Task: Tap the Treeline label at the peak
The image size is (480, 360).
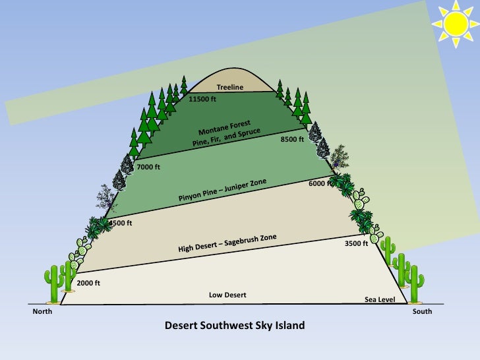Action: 230,88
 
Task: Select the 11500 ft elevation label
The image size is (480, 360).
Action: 202,100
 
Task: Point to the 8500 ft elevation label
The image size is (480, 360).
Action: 292,140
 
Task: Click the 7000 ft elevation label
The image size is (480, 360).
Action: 148,167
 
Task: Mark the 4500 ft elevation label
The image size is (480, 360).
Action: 121,224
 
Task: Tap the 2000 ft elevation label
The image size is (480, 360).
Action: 88,283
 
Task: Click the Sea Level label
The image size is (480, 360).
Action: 380,300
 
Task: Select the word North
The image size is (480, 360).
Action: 43,311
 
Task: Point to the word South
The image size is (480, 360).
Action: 422,311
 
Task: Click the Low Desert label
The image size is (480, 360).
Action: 227,295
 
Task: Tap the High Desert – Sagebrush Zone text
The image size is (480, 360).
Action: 227,243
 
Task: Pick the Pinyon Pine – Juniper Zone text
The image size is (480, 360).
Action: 227,191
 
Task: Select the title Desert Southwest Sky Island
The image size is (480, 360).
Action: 235,326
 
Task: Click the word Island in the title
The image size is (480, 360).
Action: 291,326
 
